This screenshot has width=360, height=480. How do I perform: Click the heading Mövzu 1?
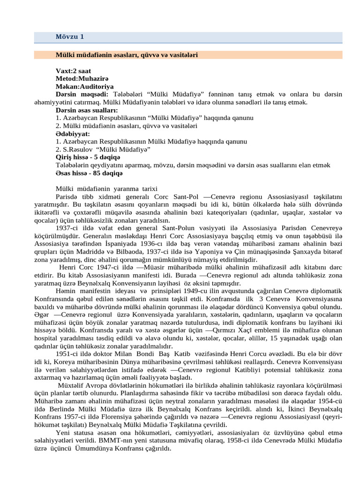70,37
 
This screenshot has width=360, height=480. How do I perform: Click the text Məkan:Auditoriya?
84,86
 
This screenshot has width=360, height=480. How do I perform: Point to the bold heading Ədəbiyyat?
73,134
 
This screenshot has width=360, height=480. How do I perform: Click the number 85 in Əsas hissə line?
97,173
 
